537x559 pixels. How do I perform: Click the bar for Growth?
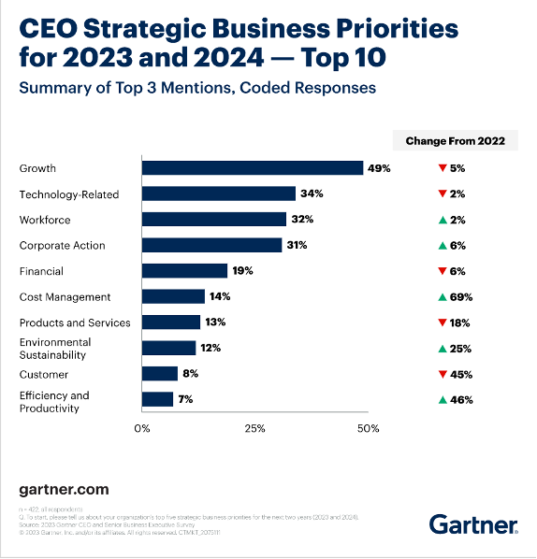point(253,168)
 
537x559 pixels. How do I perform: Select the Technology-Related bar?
point(218,193)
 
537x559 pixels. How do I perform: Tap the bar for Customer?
point(159,374)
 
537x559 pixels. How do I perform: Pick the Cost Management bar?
point(173,296)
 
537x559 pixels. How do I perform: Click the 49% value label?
point(378,168)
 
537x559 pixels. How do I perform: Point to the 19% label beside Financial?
point(242,271)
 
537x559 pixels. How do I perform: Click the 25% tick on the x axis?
point(255,428)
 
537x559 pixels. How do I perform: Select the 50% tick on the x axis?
point(368,428)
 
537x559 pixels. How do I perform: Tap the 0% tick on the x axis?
point(142,428)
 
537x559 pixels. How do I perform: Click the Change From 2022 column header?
point(455,141)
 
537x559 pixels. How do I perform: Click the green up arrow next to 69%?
point(440,297)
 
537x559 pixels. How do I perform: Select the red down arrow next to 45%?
point(440,374)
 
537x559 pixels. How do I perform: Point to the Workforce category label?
point(45,220)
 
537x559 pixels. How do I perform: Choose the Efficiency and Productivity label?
point(54,401)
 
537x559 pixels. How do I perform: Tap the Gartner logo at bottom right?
point(473,523)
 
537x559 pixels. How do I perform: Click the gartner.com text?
point(64,489)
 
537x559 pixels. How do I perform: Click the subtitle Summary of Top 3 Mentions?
point(197,88)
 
